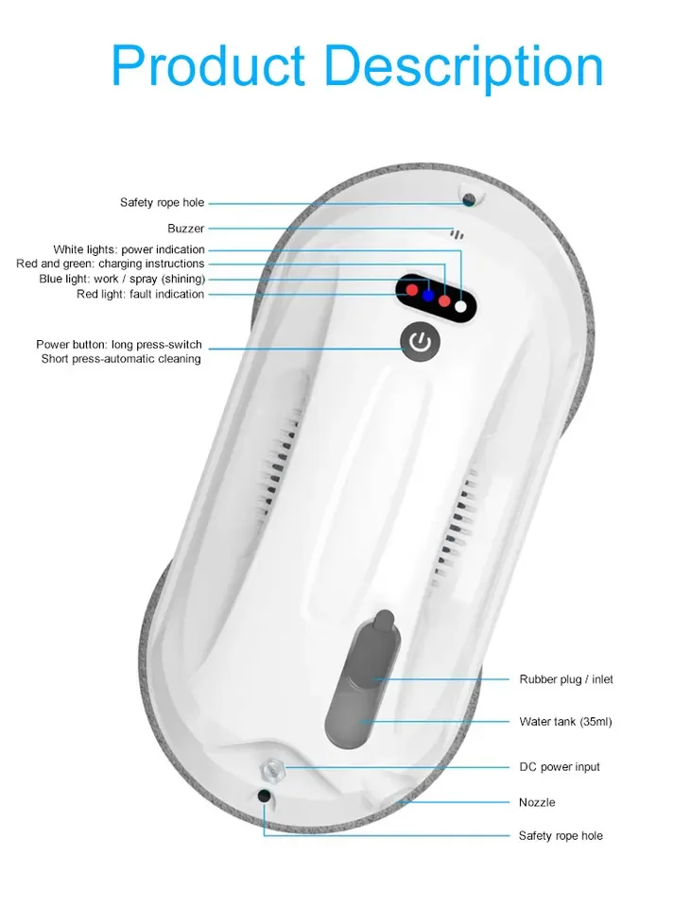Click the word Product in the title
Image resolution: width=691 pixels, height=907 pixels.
point(208,66)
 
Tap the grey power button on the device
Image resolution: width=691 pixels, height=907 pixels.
point(421,341)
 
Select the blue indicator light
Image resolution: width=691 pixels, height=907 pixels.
point(427,295)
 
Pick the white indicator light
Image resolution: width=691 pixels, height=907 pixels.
point(461,305)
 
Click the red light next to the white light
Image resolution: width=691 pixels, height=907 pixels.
point(444,300)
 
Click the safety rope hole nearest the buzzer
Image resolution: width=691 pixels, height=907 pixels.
point(468,197)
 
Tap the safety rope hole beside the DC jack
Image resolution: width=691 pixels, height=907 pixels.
point(264,796)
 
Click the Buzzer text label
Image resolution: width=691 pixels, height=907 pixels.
point(185,229)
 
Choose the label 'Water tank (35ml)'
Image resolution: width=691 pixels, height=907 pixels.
point(565,722)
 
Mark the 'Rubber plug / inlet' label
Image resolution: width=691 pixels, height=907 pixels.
point(565,679)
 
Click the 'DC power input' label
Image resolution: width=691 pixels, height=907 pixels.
point(560,767)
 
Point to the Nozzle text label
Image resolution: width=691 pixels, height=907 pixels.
point(537,802)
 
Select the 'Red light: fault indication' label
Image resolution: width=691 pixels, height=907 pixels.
point(140,295)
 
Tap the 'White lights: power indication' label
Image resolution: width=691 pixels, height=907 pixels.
point(129,249)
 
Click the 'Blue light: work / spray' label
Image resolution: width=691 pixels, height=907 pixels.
point(122,280)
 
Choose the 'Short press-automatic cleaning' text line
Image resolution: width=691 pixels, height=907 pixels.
point(121,359)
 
